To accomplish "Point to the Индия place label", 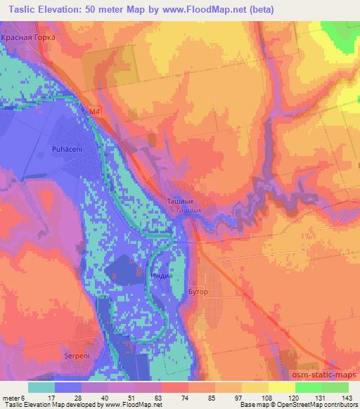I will click(x=161, y=276).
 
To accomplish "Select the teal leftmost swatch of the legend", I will click(x=41, y=387).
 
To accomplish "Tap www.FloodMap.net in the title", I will click(x=202, y=10).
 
